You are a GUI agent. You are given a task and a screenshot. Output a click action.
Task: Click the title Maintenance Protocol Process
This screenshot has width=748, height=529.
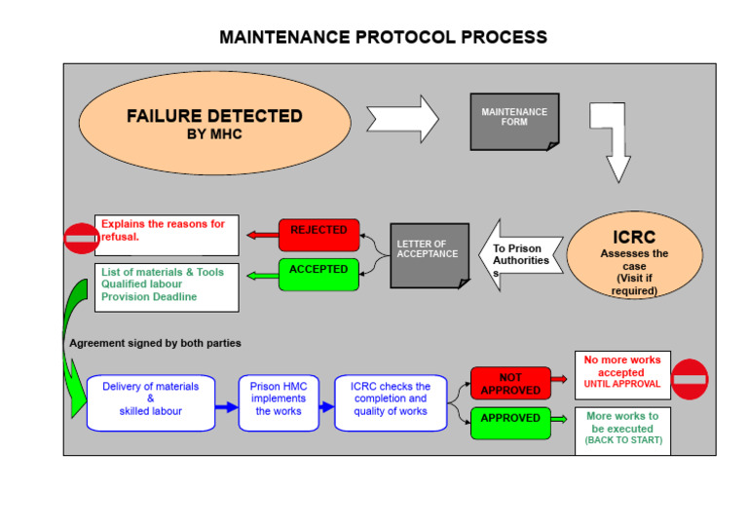coord(383,37)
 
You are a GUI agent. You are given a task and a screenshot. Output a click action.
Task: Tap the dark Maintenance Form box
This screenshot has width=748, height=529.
coord(514,121)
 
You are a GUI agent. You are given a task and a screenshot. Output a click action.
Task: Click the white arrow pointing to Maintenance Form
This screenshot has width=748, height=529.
coord(403,119)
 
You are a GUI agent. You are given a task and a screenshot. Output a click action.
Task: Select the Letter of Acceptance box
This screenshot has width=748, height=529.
coord(429,255)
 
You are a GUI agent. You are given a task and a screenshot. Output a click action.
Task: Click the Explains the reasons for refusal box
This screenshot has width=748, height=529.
coord(167,235)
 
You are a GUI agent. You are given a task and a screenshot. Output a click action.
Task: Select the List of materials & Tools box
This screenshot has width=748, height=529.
coord(167,287)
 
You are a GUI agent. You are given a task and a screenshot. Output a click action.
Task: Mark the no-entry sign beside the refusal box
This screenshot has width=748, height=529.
coord(81,238)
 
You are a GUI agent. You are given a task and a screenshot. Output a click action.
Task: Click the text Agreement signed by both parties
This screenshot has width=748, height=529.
coord(155,343)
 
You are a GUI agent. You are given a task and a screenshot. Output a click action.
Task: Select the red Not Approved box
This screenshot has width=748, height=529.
coord(509,384)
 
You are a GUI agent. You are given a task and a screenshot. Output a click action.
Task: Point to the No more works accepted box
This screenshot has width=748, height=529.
coord(621,372)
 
